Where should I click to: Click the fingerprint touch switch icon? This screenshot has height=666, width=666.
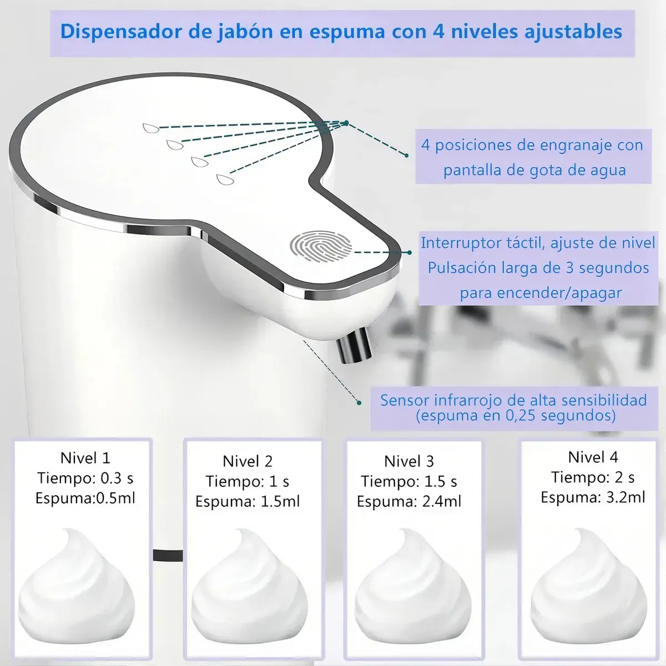click(x=321, y=247)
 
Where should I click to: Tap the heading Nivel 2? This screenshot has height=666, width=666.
click(x=248, y=461)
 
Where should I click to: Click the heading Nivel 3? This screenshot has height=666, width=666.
click(x=409, y=461)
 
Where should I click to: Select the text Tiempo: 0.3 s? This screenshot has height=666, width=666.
click(x=85, y=478)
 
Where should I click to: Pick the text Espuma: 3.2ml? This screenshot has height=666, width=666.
click(x=593, y=497)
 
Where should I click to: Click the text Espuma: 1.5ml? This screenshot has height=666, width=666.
click(x=248, y=501)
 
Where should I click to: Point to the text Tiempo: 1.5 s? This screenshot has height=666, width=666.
click(x=409, y=481)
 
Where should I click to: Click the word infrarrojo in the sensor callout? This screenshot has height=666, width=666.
click(x=468, y=400)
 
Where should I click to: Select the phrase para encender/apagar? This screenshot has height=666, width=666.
click(x=541, y=293)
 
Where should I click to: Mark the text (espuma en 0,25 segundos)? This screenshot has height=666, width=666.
click(x=516, y=416)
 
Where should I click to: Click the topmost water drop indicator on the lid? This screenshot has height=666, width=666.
click(x=151, y=128)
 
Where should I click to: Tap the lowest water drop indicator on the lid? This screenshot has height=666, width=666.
click(x=225, y=179)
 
